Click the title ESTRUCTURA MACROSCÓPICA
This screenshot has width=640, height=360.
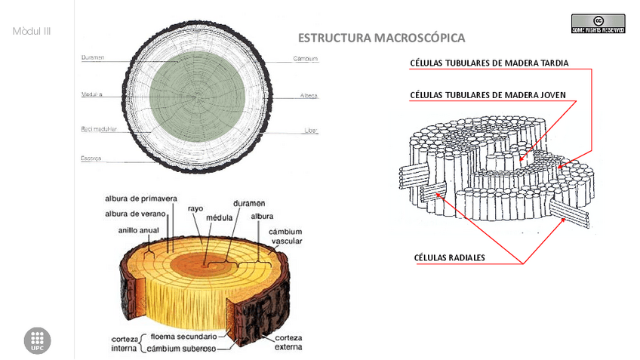click(x=381, y=38)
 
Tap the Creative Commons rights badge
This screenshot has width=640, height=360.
click(x=598, y=23)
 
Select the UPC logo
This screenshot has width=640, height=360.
click(x=38, y=341)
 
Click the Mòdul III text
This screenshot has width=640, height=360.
click(x=32, y=32)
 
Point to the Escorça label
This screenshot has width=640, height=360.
click(x=91, y=158)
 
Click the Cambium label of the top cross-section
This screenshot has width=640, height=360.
click(x=305, y=58)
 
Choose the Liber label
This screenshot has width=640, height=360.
click(x=311, y=130)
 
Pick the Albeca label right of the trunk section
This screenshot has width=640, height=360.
click(x=308, y=96)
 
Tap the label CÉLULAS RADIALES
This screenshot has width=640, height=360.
click(x=449, y=257)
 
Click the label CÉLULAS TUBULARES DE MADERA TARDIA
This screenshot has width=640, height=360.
click(x=488, y=63)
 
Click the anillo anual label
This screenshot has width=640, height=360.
click(x=138, y=230)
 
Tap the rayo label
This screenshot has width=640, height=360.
click(x=195, y=208)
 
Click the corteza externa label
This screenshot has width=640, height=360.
click(x=288, y=342)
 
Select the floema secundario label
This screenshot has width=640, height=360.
click(x=183, y=337)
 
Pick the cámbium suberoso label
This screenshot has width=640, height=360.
click(x=181, y=349)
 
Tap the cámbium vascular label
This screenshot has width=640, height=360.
click(x=287, y=236)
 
